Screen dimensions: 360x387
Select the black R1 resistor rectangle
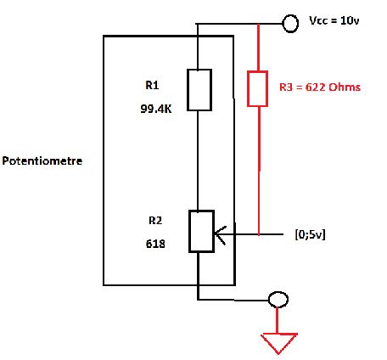(198, 90)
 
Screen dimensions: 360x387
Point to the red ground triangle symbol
(279, 343)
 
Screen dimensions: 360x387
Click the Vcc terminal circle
(289, 23)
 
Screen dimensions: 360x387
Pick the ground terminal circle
(278, 299)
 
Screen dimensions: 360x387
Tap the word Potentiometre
(42, 160)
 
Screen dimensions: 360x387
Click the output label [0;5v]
(309, 233)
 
